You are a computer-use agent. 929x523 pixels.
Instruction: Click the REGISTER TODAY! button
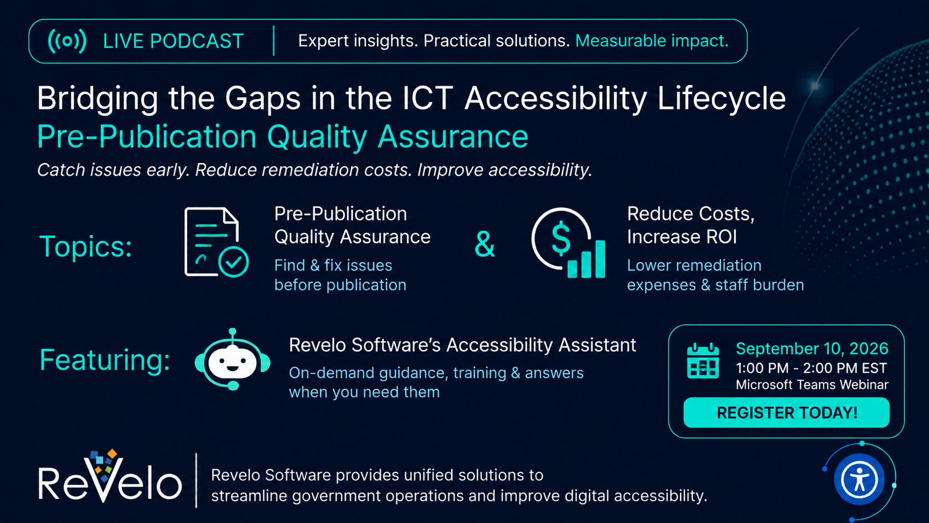[x=786, y=413]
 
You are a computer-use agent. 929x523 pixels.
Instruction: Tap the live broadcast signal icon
[x=67, y=41]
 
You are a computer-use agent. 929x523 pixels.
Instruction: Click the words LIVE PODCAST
[x=173, y=41]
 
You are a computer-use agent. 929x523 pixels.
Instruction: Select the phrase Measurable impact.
[x=652, y=41]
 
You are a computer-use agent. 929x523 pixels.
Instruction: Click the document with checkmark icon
[x=216, y=242]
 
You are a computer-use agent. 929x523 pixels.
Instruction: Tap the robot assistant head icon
[x=233, y=360]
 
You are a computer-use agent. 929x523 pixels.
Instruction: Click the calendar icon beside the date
[x=702, y=360]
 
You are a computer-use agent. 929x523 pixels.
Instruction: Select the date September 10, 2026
[x=812, y=348]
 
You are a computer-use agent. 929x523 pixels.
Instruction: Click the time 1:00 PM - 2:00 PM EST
[x=811, y=368]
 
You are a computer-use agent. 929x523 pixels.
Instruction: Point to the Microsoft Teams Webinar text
[x=812, y=385]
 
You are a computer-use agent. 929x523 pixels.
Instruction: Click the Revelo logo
[x=110, y=477]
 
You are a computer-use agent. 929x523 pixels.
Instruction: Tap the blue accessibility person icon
[x=859, y=480]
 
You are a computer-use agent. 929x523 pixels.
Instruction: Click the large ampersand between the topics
[x=485, y=244]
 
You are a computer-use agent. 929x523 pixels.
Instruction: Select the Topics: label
[x=86, y=246]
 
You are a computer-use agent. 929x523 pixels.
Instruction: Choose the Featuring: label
[x=104, y=360]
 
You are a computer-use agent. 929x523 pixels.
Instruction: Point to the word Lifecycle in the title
[x=722, y=99]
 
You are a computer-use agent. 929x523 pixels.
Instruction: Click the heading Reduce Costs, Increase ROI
[x=691, y=226]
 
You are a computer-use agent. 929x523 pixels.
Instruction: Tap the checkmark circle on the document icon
[x=233, y=262]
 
